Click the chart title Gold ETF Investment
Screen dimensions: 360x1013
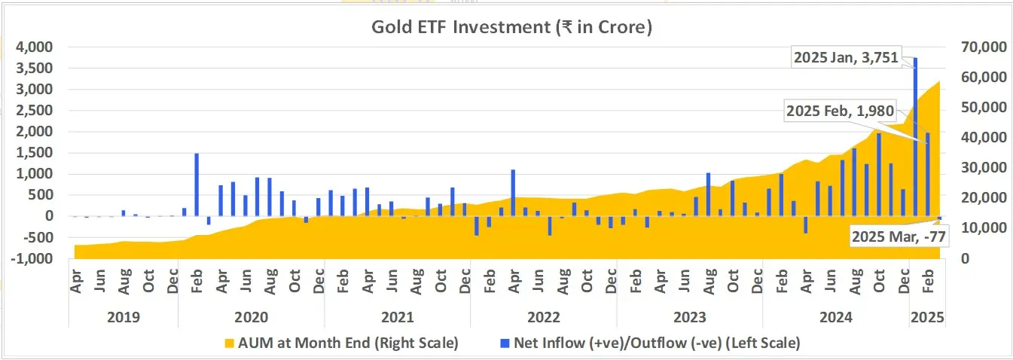click(511, 28)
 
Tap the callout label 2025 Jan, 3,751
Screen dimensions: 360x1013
click(847, 57)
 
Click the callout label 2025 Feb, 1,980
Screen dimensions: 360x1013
click(839, 111)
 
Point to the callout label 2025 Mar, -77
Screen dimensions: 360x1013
click(899, 236)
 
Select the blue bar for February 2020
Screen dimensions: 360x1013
click(197, 185)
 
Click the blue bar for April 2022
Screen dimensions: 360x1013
click(513, 192)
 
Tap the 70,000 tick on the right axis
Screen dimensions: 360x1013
click(980, 47)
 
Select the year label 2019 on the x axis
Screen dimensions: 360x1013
click(123, 317)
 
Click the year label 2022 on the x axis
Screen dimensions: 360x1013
click(543, 317)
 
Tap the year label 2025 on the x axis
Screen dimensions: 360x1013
click(927, 317)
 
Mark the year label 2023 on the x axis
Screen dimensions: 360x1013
click(689, 317)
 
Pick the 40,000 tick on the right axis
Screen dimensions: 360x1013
click(980, 138)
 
